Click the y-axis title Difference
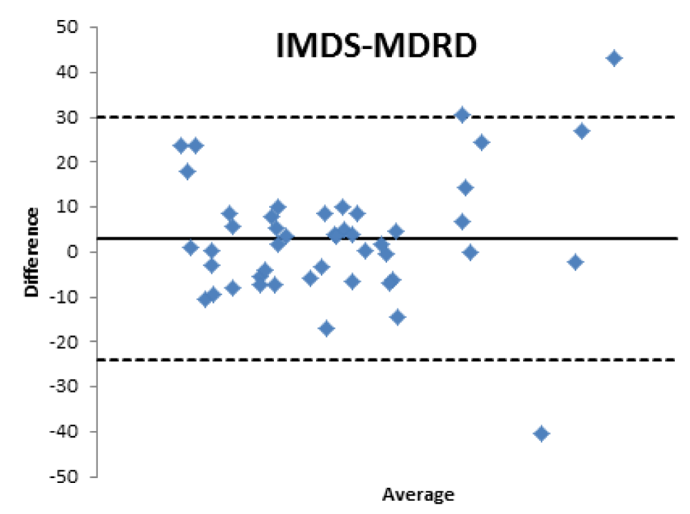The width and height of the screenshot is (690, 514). coord(32,253)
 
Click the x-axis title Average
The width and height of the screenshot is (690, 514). coord(418,495)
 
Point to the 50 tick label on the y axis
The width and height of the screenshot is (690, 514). coord(68,28)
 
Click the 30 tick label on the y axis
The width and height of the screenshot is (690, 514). coord(68,117)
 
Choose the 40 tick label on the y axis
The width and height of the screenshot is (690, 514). coord(68,72)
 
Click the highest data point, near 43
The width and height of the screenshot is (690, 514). coord(614,58)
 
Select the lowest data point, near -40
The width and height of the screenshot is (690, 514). coord(541,433)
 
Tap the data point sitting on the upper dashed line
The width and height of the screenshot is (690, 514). coord(462,115)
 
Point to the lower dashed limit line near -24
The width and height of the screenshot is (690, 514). coord(276,360)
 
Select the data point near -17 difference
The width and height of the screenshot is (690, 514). coord(326,328)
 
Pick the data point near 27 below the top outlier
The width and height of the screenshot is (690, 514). coord(582,131)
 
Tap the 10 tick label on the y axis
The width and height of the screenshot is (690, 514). coord(68,207)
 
